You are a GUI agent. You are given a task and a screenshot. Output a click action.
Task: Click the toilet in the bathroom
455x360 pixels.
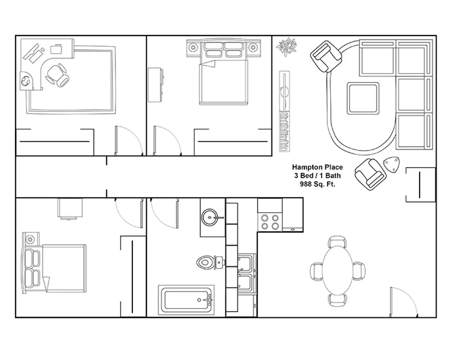[x=211, y=262]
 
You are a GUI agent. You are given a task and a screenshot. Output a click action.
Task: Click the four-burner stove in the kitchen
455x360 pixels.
[x=270, y=222]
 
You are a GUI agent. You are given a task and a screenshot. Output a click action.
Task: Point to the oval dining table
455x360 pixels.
[x=338, y=270]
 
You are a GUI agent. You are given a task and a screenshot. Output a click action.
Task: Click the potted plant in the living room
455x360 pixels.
[x=286, y=47]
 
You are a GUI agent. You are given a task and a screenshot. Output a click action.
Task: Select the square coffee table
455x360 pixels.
[x=363, y=98]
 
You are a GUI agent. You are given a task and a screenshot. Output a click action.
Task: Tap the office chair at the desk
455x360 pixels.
[x=57, y=75]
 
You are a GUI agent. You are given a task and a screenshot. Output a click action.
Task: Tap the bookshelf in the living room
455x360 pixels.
[x=284, y=111]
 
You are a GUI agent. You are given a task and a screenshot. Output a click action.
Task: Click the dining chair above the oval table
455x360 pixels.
[x=338, y=241]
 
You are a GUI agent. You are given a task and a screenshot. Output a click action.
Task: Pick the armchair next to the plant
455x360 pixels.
[x=326, y=56]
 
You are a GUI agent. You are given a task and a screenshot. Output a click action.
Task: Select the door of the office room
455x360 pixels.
[x=129, y=141]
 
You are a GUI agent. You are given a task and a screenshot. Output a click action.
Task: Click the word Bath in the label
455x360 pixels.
[x=333, y=176]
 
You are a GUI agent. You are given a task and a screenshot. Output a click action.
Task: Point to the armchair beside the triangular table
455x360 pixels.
[x=371, y=174]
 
